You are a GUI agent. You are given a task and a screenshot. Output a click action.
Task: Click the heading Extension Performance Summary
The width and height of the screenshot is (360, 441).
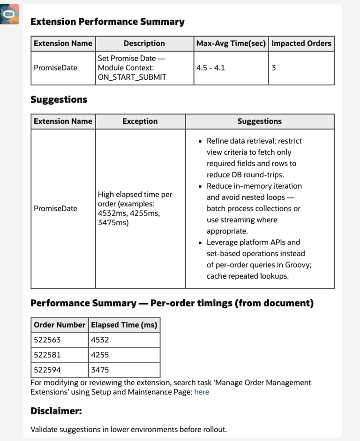tap(107, 22)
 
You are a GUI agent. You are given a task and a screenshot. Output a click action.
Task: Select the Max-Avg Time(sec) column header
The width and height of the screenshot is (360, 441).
tap(231, 44)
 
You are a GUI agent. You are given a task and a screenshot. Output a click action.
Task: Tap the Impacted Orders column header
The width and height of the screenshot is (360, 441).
tap(301, 44)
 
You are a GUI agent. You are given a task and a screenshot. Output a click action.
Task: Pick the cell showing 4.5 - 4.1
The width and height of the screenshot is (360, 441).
tap(210, 68)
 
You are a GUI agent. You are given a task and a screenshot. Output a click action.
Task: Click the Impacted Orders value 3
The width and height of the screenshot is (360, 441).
tap(274, 68)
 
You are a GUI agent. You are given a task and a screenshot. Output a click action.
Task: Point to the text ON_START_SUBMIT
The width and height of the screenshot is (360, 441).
tap(132, 77)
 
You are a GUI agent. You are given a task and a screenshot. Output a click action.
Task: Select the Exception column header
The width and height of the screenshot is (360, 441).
tap(140, 122)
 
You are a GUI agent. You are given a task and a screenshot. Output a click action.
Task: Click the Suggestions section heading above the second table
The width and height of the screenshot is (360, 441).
tap(59, 99)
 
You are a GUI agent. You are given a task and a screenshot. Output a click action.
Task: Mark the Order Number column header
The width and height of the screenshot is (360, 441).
tap(60, 325)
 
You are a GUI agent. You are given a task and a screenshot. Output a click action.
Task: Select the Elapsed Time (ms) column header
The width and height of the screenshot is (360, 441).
tap(124, 325)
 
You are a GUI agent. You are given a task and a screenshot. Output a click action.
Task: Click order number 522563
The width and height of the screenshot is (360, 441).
tap(47, 340)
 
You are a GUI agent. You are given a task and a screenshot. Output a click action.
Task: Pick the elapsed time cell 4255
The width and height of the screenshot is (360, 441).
tap(100, 355)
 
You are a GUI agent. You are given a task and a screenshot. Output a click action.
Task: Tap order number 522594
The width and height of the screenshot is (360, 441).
tap(47, 370)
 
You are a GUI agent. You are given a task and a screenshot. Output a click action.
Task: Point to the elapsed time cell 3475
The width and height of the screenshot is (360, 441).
tap(100, 370)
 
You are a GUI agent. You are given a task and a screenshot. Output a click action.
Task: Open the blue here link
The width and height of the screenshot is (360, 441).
tap(202, 392)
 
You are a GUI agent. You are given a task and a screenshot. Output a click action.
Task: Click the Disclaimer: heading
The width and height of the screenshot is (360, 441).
tap(56, 411)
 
